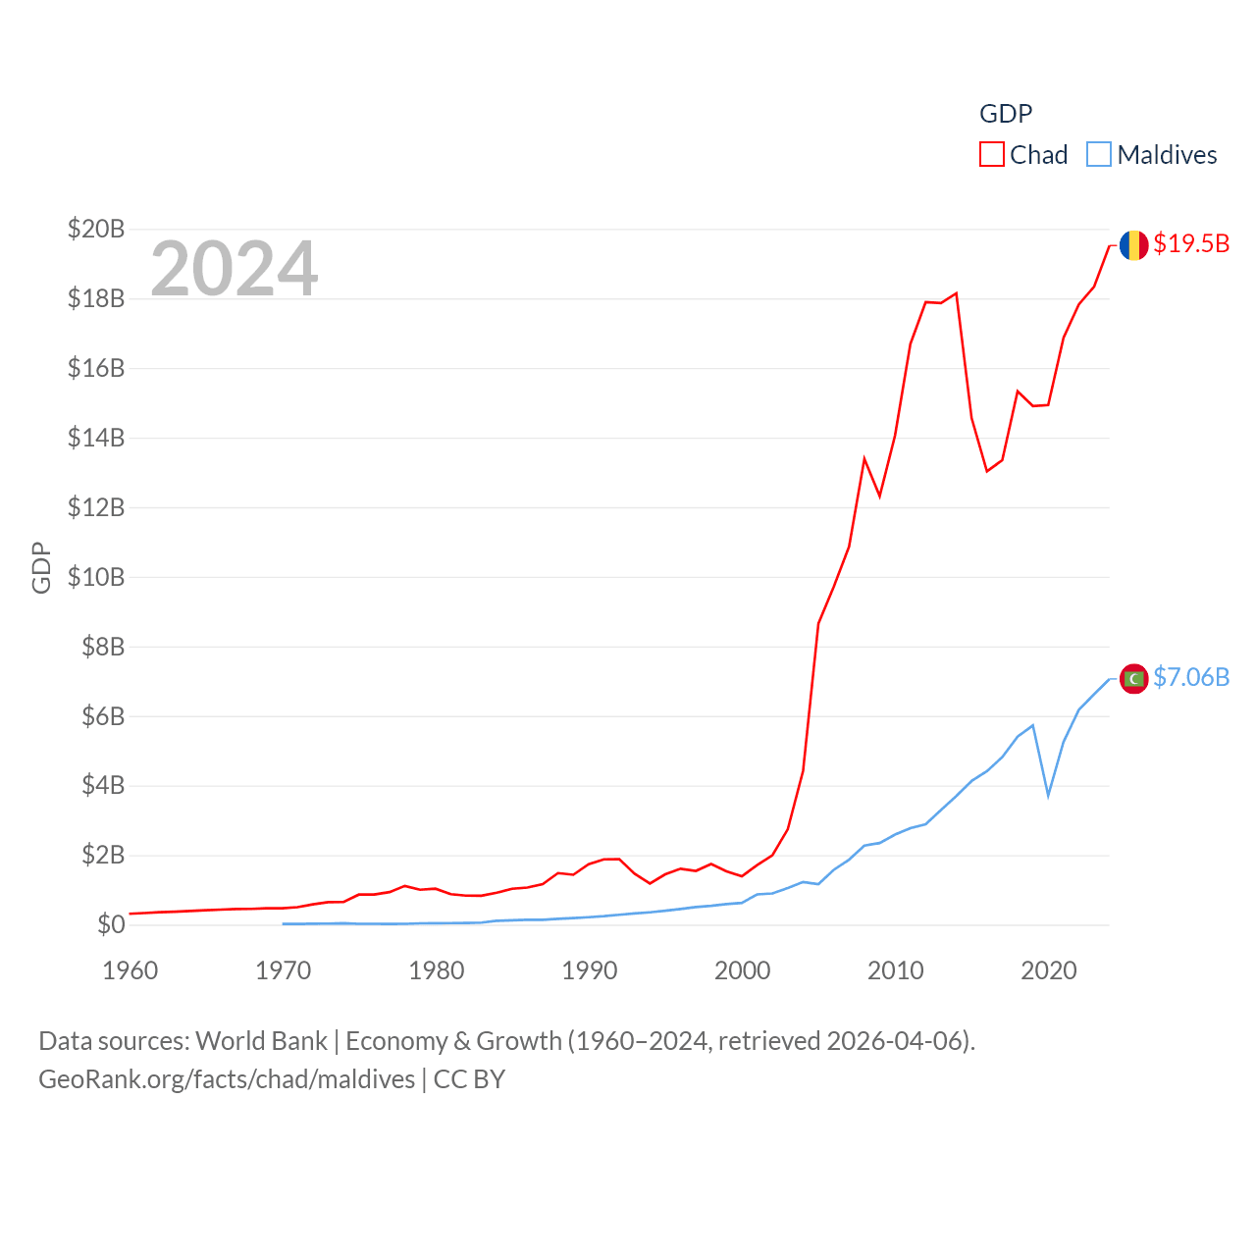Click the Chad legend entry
coord(1023,155)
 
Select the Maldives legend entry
coord(1152,155)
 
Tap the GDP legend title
coord(1006,114)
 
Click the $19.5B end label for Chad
coord(1191,243)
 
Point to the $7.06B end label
coord(1191,677)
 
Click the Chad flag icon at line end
coord(1133,245)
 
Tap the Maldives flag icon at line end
coord(1133,678)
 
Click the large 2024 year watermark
coord(235,268)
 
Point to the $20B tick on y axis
coord(96,229)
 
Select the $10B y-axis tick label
coord(96,577)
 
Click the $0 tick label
coord(111,924)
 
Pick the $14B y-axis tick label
coord(96,438)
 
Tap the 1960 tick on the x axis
coord(131,970)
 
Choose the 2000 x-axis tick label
coord(743,970)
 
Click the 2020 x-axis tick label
coord(1049,970)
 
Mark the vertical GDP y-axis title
coord(41,567)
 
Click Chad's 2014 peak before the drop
coord(956,293)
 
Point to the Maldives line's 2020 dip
coord(1048,795)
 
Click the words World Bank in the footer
coord(261,1041)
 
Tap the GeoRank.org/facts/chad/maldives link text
coord(227,1079)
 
